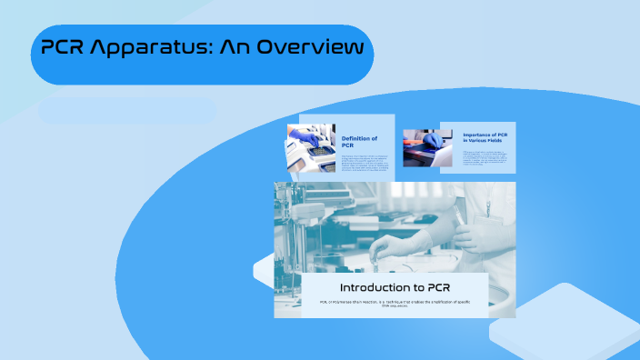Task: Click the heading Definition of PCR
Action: (359, 141)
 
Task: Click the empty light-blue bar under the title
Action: (127, 112)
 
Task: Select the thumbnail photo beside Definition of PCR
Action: (312, 147)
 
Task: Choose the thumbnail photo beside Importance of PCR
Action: (422, 145)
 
